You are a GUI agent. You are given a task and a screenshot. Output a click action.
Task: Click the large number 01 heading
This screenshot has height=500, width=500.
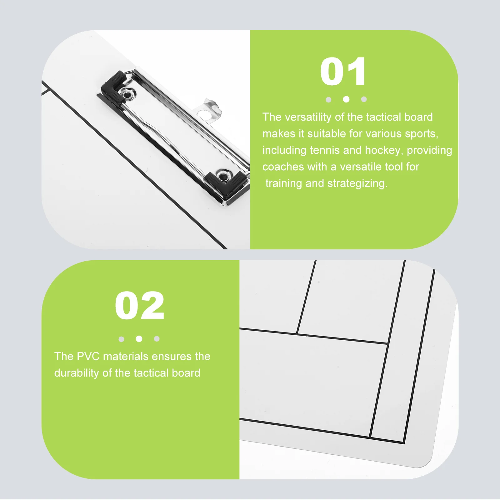coord(343,72)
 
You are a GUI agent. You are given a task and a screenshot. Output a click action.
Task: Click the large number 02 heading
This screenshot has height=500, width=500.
coord(139,306)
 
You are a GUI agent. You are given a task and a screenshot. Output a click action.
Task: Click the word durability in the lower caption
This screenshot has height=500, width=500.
coord(76,373)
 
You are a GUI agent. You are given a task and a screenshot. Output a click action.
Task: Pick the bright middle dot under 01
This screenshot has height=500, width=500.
coord(346,99)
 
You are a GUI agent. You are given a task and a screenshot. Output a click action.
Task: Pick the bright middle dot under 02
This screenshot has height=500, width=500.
coord(139,339)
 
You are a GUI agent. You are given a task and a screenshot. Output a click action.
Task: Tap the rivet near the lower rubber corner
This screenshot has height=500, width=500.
coord(223,176)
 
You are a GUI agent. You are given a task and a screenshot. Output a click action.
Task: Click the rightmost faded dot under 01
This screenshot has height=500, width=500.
coord(364,99)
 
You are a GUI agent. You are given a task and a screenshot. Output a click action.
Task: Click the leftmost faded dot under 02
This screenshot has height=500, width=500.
coord(122,339)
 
